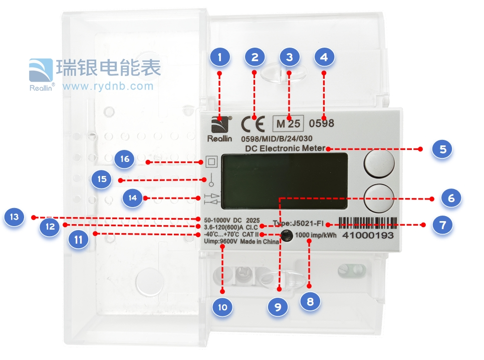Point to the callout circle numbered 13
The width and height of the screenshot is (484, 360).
15,217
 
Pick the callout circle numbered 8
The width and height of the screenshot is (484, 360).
310,302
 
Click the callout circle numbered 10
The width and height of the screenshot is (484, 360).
222,306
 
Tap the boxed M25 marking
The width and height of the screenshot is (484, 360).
288,123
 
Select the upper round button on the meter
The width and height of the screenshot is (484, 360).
378,163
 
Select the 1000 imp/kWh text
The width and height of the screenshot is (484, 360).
317,235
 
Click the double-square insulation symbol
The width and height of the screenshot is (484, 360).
210,162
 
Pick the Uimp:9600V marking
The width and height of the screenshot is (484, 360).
220,242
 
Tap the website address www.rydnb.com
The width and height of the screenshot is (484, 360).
108,86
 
